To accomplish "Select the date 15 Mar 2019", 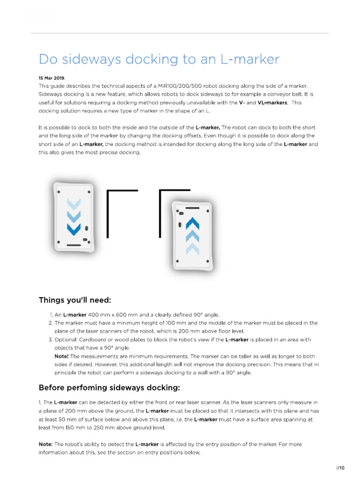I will coord(52,78).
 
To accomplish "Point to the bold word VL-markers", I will coord(271,103).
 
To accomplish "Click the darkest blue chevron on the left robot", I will coord(74,229).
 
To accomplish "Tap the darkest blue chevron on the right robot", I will coord(192,224).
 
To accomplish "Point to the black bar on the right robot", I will coord(192,207).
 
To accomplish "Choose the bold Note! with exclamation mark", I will coord(62,356).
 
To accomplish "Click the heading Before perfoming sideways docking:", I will coord(109,388).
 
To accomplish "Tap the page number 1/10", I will coord(340,468).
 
